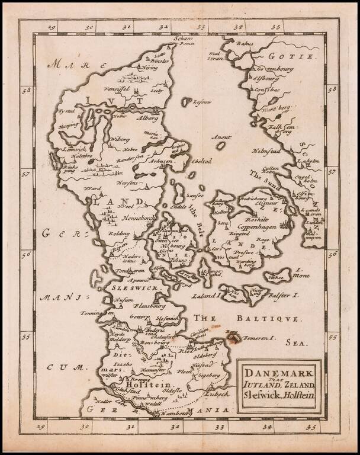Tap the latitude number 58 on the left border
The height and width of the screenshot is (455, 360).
coord(26,91)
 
